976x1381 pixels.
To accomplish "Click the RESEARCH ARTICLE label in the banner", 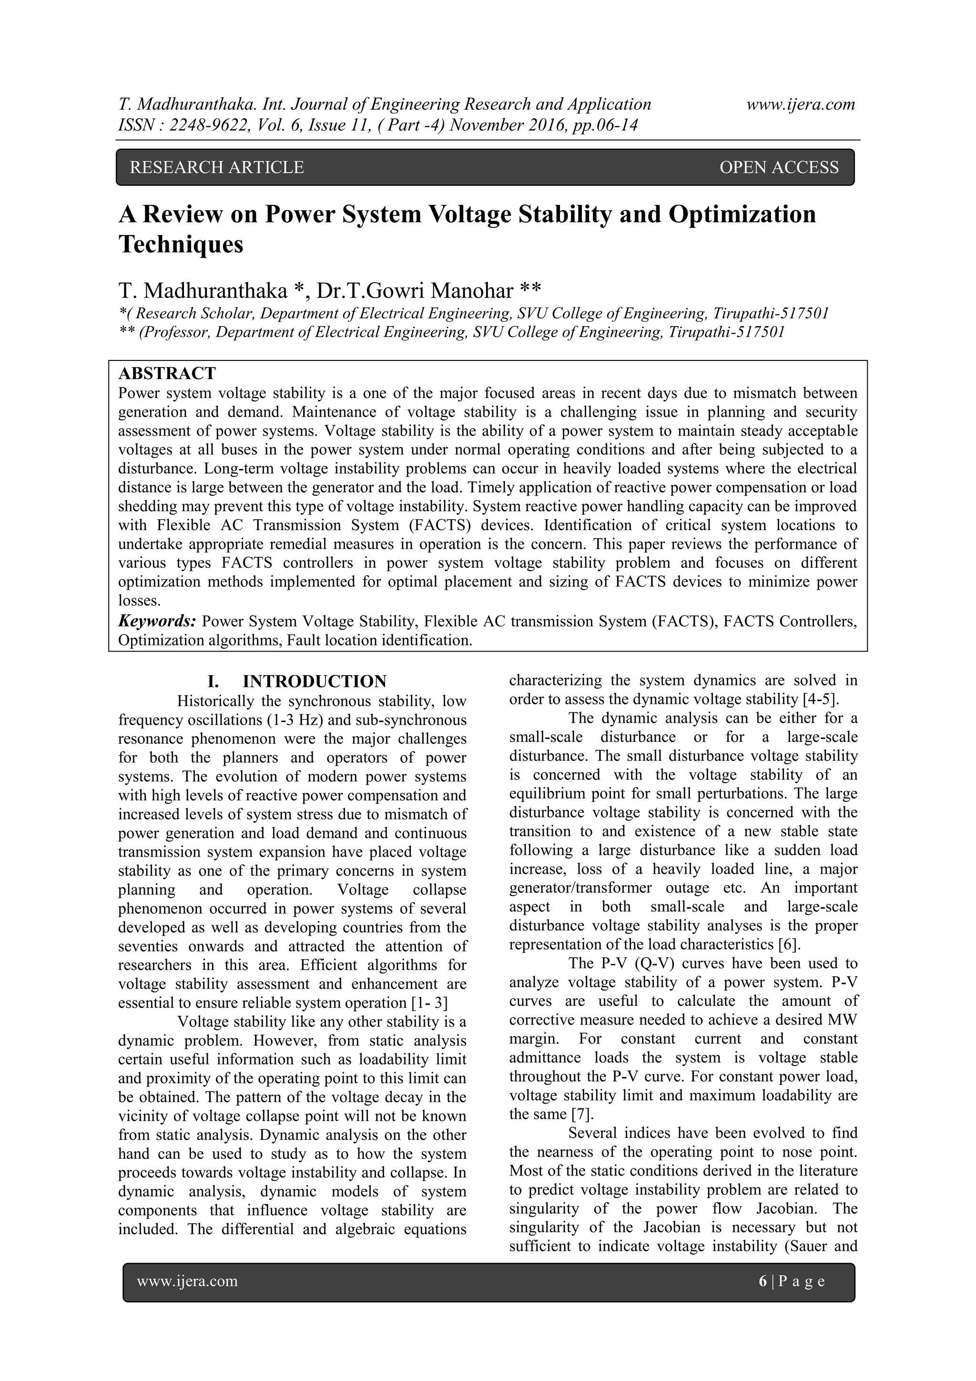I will [x=216, y=167].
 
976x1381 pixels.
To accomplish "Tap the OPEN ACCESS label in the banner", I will [x=778, y=167].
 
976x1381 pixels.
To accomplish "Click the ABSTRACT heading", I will [x=167, y=374].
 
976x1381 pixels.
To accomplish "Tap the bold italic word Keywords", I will [x=157, y=621].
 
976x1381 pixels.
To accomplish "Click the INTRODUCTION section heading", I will [x=314, y=682].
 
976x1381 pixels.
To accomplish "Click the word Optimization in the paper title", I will [x=742, y=214].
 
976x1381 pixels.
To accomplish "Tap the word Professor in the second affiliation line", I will [x=174, y=332].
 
